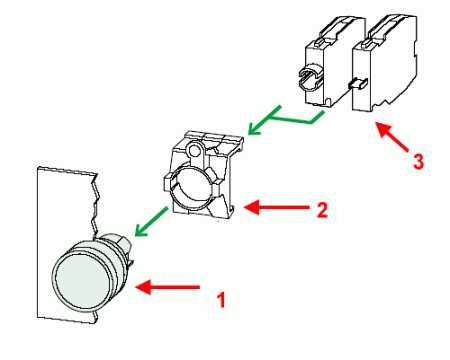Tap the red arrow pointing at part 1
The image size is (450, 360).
(161, 287)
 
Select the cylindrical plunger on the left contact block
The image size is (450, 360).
(310, 76)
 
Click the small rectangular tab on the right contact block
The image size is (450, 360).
(355, 86)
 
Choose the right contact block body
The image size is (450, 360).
(383, 65)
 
